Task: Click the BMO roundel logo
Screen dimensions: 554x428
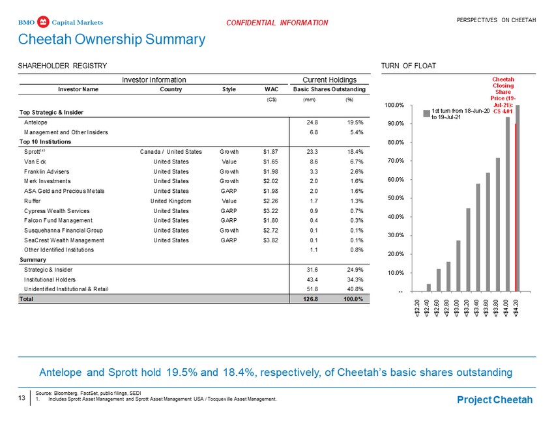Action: [43, 22]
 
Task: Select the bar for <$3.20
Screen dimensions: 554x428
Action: [468, 250]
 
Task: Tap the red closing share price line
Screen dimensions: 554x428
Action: [516, 207]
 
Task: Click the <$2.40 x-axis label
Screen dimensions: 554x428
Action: [428, 308]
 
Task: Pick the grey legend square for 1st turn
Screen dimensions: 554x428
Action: [426, 113]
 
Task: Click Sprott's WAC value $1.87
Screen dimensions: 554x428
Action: [270, 152]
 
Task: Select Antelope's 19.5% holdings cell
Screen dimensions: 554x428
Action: [355, 122]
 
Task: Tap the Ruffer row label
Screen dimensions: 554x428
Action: [32, 201]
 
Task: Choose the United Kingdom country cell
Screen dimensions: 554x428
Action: [171, 201]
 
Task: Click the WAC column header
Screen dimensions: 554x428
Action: [271, 89]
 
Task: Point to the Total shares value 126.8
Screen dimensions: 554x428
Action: [310, 299]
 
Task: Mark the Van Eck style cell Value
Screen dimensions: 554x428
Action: [229, 162]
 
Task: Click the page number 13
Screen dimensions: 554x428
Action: [22, 398]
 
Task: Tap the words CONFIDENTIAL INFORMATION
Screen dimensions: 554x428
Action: [277, 23]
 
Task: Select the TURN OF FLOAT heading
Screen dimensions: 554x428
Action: [409, 66]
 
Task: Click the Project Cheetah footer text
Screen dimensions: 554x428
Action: [495, 400]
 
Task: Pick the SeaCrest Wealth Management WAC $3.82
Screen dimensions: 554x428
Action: [270, 240]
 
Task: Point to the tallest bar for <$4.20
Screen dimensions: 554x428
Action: [518, 198]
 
